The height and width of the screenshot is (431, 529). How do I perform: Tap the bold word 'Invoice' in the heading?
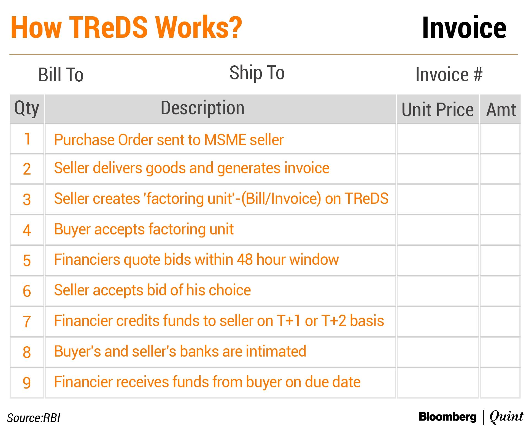click(464, 28)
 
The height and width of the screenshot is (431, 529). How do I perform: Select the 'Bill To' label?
click(61, 75)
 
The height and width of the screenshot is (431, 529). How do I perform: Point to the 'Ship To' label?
click(257, 73)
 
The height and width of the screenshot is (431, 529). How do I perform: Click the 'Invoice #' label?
click(449, 74)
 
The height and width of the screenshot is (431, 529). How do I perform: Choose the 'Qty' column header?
click(27, 108)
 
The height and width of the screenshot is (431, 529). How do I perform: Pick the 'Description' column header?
click(203, 108)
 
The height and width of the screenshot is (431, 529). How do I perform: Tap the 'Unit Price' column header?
click(438, 110)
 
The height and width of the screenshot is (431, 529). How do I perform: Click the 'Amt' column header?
click(501, 110)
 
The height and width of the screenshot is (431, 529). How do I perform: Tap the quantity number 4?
click(27, 230)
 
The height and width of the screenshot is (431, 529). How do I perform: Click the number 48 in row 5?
click(245, 259)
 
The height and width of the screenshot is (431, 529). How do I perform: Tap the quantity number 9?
click(27, 383)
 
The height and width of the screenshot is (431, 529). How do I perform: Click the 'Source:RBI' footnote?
click(33, 418)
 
